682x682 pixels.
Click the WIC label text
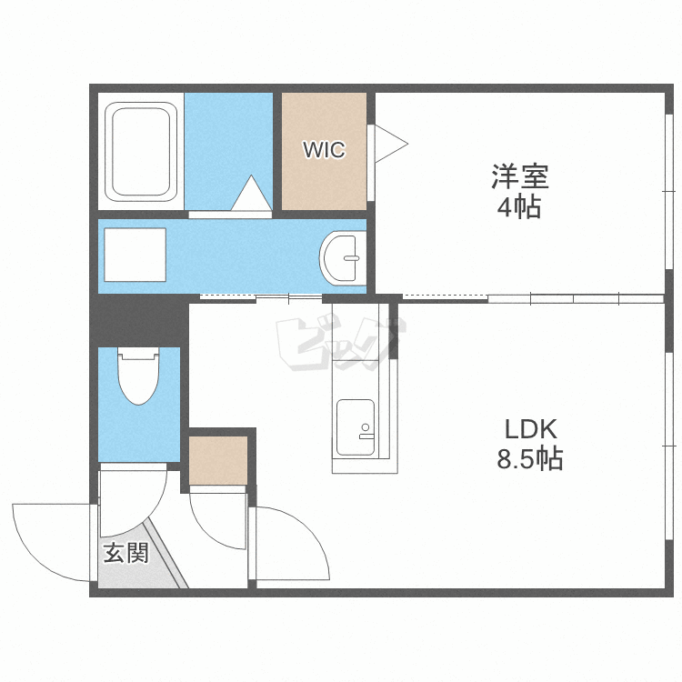point(324,150)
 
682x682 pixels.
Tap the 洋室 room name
point(520,176)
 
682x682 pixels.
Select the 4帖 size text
point(519,207)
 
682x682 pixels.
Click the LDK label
point(531,429)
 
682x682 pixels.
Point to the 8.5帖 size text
point(530,458)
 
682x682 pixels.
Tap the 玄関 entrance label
point(126,553)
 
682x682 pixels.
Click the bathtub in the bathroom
point(141,152)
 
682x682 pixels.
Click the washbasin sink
point(343,258)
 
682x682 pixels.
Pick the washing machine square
point(135,255)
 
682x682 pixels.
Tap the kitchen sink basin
point(356,427)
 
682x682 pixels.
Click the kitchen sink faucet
point(366,432)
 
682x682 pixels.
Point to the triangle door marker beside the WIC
point(391,144)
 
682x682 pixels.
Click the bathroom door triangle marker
point(251,193)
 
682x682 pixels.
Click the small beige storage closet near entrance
point(218,460)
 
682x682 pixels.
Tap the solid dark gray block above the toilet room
point(139,320)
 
